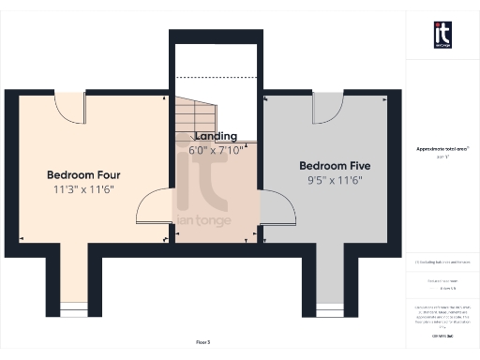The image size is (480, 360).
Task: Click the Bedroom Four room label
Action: (83, 174)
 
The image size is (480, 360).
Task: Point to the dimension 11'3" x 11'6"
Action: (83, 190)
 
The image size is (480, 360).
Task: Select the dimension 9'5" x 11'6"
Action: (330, 180)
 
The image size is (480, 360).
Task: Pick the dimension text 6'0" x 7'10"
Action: (216, 149)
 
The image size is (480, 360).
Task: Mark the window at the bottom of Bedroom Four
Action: (71, 309)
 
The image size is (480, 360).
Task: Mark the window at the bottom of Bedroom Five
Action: (329, 309)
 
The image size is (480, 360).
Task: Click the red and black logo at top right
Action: (442, 35)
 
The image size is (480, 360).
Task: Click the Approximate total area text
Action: (442, 149)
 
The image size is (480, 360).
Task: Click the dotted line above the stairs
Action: (216, 77)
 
